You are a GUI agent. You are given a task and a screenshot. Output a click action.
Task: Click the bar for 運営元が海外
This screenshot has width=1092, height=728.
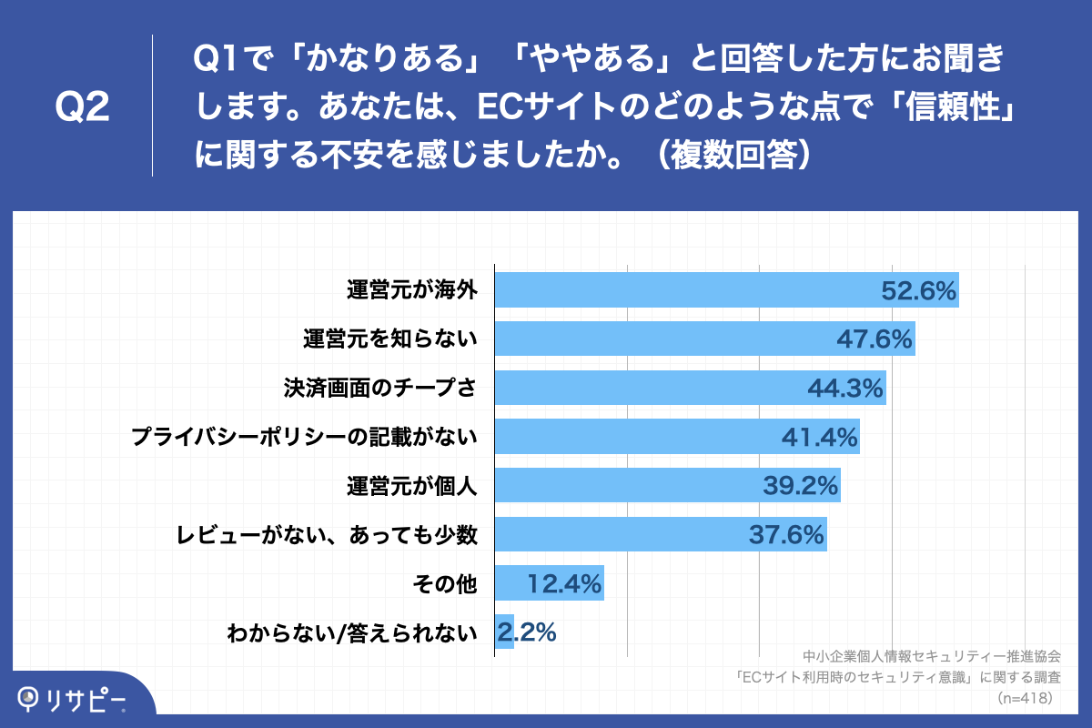[682, 290]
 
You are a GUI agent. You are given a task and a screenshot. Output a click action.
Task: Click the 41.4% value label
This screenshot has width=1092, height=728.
[820, 438]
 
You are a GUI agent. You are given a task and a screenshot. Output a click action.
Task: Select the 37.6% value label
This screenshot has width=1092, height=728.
[786, 536]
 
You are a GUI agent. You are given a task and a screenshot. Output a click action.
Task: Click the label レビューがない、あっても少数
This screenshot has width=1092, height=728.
[327, 536]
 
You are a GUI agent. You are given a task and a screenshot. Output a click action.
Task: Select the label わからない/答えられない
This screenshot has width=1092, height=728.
[352, 633]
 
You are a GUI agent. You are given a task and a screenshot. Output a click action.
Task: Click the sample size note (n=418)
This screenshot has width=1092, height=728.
[1026, 699]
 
